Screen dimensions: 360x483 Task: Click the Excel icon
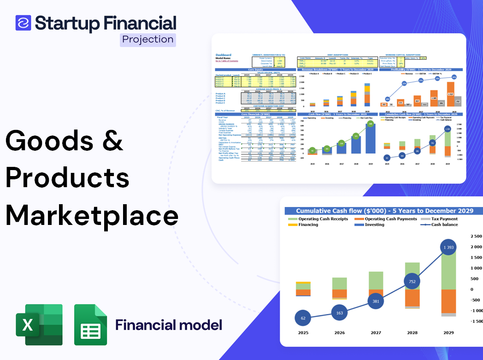[39, 325]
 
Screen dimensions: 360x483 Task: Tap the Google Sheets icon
[90, 325]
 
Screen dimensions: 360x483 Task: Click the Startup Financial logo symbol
[23, 23]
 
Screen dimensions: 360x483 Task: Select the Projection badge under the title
[147, 39]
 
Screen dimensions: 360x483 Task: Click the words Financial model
[169, 325]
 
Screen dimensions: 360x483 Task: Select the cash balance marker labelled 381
[376, 301]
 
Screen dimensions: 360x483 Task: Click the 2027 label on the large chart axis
[376, 333]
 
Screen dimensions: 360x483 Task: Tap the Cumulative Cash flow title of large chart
[384, 211]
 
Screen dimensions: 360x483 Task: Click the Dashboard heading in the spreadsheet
[224, 55]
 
